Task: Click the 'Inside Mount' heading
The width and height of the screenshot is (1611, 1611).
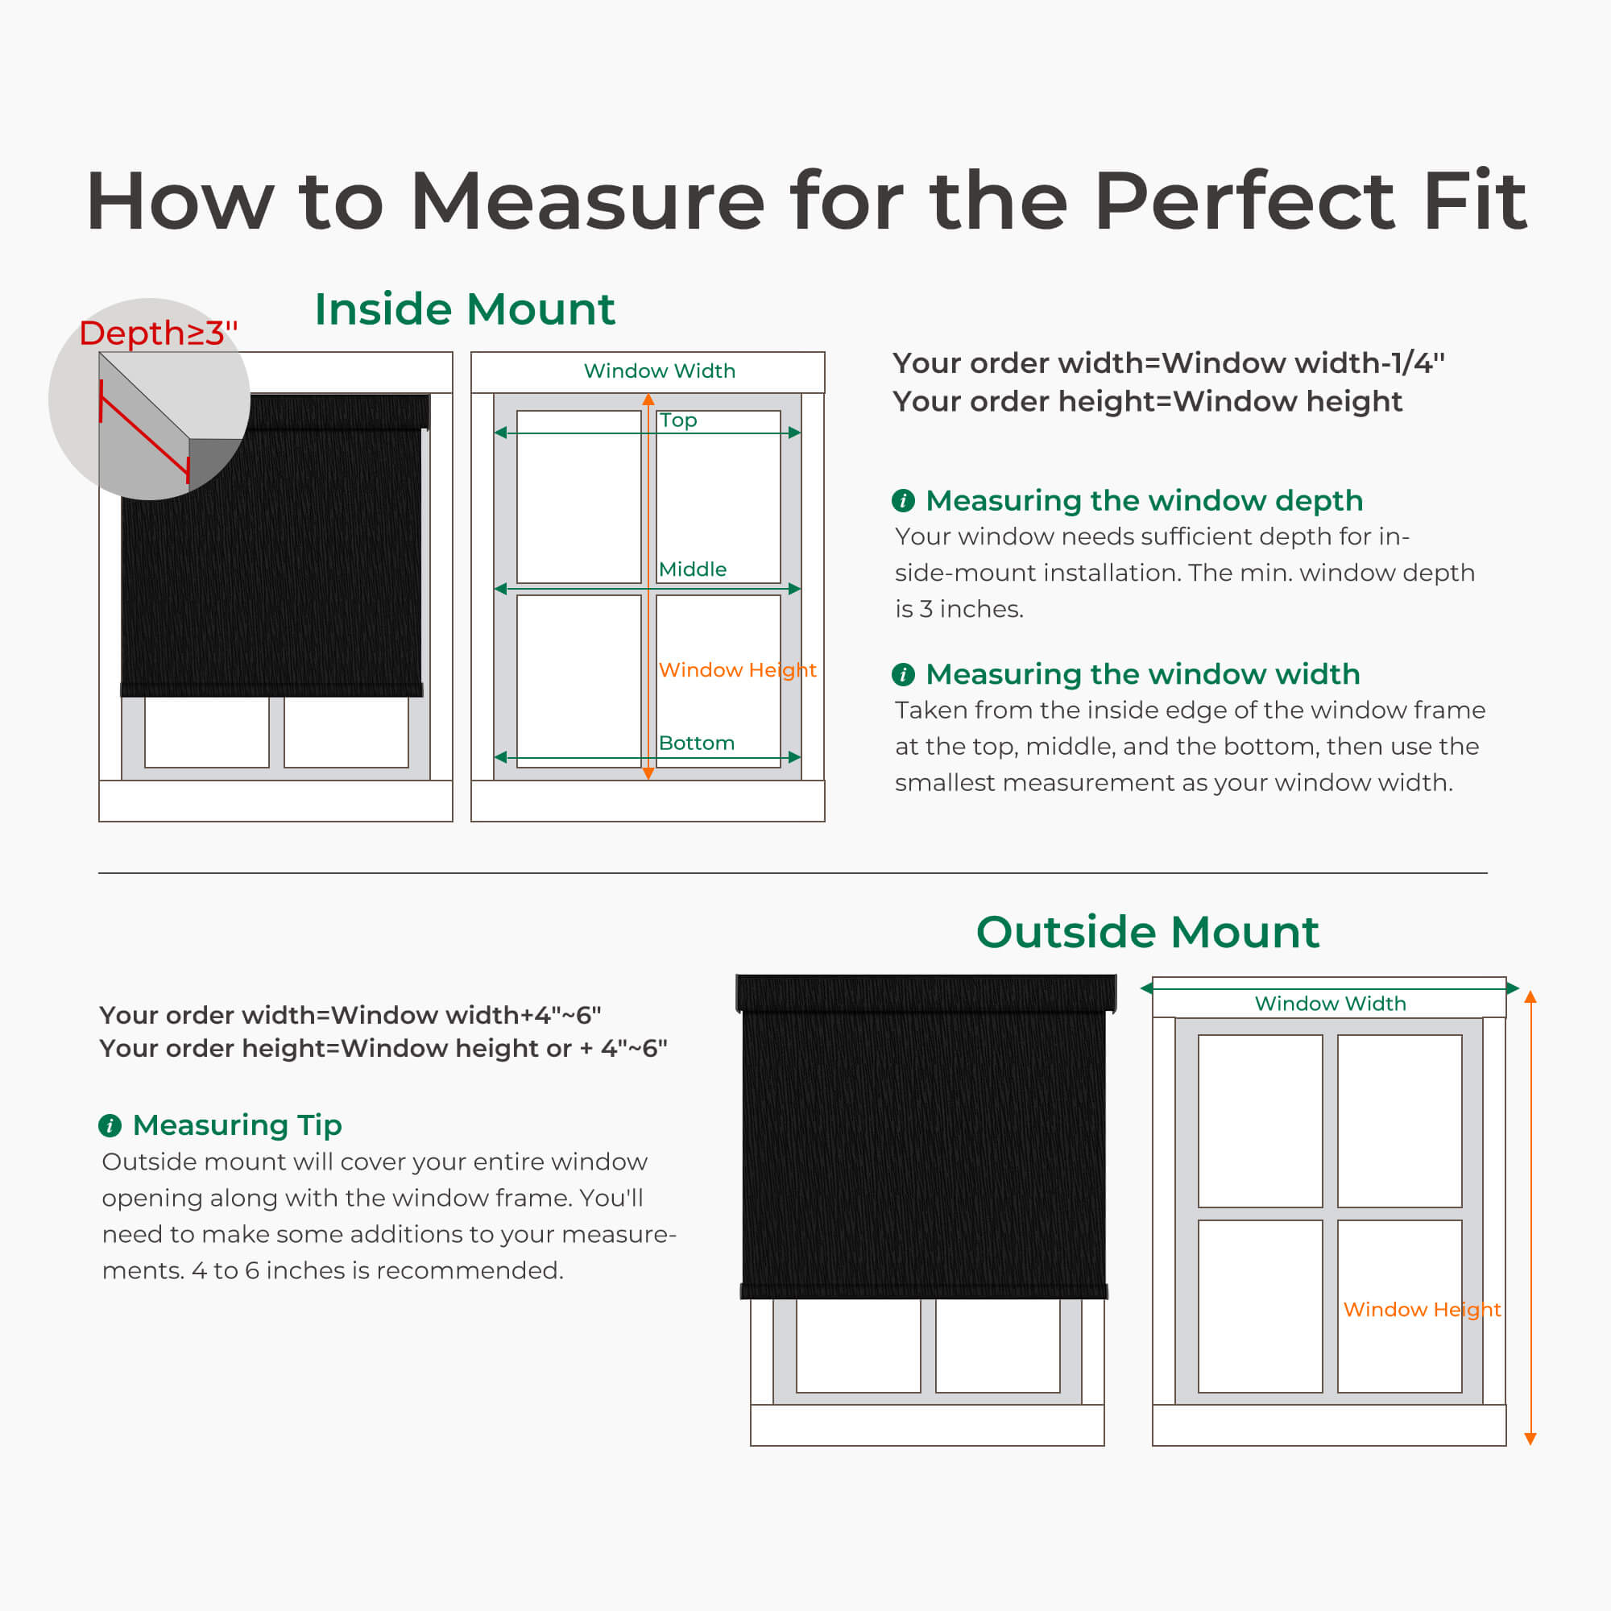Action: pos(465,309)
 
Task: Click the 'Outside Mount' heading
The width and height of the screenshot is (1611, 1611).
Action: pos(1147,931)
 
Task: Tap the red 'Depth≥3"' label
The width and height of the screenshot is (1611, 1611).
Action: pos(159,333)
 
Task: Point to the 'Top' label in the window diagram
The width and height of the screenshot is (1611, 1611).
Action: pos(678,420)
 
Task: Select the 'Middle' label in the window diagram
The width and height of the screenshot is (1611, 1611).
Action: pos(692,569)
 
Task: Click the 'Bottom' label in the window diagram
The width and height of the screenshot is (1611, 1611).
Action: pos(696,743)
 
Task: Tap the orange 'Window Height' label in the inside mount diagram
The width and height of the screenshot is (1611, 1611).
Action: pos(737,669)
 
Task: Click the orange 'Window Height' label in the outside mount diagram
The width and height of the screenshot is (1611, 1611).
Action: pos(1422,1309)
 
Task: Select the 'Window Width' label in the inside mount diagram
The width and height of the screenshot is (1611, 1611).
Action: pos(659,371)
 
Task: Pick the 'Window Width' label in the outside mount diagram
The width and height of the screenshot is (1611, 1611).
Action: pos(1330,1003)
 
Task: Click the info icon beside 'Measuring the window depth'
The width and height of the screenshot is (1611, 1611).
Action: pos(903,500)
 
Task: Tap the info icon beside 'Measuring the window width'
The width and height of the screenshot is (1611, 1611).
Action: pos(903,673)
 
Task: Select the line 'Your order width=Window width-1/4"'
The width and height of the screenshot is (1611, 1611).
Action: pos(1168,362)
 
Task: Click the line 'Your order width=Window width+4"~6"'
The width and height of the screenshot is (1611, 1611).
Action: pos(350,1015)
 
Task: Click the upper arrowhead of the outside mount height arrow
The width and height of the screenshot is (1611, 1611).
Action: pos(1530,996)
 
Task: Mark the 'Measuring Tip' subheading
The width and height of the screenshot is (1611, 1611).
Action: pos(238,1124)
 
